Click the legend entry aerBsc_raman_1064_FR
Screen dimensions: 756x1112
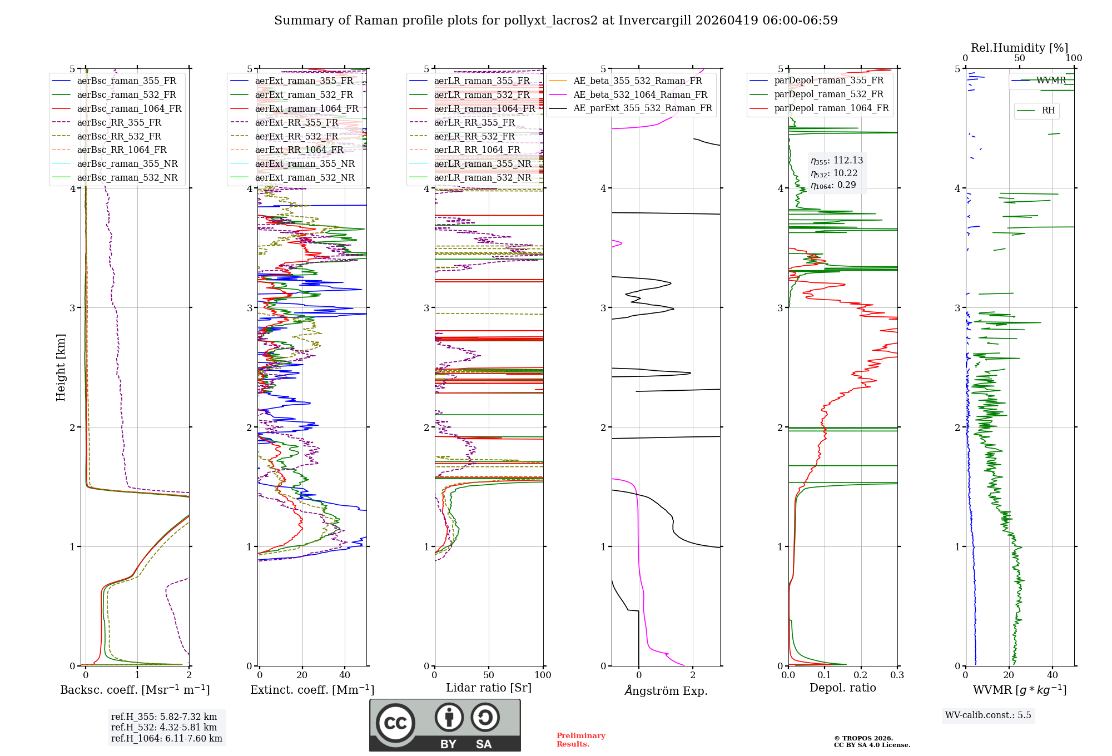click(x=129, y=109)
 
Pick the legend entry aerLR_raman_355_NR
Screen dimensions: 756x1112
click(x=482, y=164)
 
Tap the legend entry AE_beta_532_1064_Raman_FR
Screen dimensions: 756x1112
click(x=640, y=95)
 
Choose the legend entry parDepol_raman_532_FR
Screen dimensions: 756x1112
click(x=828, y=94)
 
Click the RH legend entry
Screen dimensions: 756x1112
click(x=1048, y=111)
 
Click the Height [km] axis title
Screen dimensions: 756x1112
click(x=61, y=367)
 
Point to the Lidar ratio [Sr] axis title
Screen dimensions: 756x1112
click(x=489, y=688)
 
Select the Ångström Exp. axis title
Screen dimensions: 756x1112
click(x=666, y=691)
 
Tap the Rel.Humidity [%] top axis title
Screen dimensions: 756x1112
click(x=1019, y=48)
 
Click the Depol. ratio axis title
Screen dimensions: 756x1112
click(x=842, y=688)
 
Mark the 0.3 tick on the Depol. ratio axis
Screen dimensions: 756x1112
click(x=897, y=675)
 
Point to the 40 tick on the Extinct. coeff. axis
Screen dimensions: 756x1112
click(x=345, y=675)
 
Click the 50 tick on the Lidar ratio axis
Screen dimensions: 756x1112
click(x=489, y=675)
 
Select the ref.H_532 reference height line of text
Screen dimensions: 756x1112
click(x=163, y=727)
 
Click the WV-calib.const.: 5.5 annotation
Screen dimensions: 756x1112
click(x=988, y=715)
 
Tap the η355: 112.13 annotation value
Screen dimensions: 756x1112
click(x=837, y=161)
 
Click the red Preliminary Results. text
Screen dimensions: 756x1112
click(x=580, y=740)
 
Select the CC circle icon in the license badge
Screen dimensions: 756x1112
click(x=395, y=723)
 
